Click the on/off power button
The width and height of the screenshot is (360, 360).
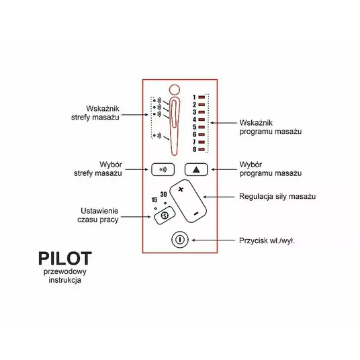pyautogui.click(x=180, y=240)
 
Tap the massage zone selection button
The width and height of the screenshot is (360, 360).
pyautogui.click(x=163, y=170)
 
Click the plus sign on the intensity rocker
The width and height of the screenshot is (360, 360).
pyautogui.click(x=181, y=189)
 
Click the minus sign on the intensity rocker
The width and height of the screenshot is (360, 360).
pyautogui.click(x=196, y=214)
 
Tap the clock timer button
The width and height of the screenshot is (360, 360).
pyautogui.click(x=165, y=216)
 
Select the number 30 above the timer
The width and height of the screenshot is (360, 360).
pyautogui.click(x=163, y=195)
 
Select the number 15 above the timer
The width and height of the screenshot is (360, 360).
pyautogui.click(x=154, y=200)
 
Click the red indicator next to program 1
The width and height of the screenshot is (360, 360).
pyautogui.click(x=201, y=97)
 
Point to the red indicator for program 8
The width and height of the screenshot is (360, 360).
pyautogui.click(x=201, y=150)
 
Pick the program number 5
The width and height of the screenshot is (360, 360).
pyautogui.click(x=195, y=127)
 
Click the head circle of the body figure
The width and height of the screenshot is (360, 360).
pyautogui.click(x=175, y=90)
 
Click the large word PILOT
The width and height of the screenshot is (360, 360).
pyautogui.click(x=65, y=259)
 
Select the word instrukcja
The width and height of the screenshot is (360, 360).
pyautogui.click(x=64, y=280)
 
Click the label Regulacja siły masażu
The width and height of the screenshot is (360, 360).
pyautogui.click(x=277, y=197)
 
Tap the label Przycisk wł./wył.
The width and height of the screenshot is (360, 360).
pyautogui.click(x=267, y=240)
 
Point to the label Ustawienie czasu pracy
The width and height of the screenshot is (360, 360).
pyautogui.click(x=98, y=215)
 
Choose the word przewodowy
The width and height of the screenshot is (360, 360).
pyautogui.click(x=65, y=271)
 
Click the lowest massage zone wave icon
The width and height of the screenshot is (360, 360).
pyautogui.click(x=157, y=136)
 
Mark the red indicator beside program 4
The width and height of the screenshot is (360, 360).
pyautogui.click(x=201, y=120)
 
